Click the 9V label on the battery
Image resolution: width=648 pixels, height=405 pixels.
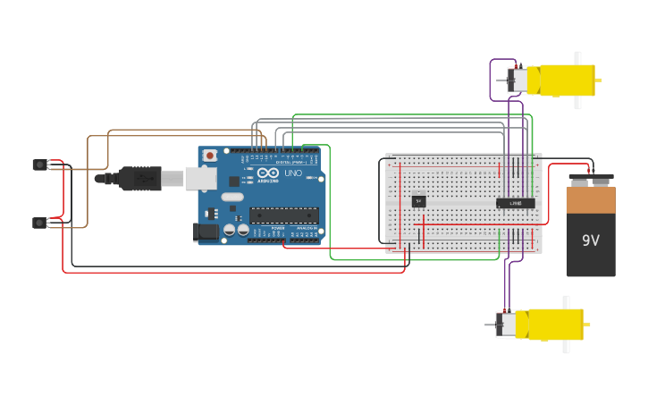coord(591,240)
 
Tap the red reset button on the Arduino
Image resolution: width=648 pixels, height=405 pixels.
coord(210,156)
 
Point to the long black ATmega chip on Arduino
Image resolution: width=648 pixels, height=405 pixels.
coord(283,215)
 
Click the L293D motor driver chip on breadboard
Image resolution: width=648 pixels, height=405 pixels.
coord(515,203)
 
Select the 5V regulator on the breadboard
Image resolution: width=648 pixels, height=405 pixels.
coord(418,201)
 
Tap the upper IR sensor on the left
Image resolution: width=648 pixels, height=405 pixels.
coord(39,165)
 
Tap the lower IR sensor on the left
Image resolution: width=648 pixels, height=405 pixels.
coord(39,223)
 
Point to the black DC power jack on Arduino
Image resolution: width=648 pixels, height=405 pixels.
coord(206,232)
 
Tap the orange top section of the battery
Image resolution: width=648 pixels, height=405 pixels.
coord(591,198)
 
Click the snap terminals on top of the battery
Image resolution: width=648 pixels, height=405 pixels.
coord(590,179)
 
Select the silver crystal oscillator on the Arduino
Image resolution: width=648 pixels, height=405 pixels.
coord(231,197)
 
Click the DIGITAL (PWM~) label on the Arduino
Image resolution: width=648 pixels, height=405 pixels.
coord(289,162)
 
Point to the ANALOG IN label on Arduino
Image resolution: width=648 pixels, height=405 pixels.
coord(307,229)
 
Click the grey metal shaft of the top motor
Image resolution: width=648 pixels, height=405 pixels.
coord(500,80)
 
